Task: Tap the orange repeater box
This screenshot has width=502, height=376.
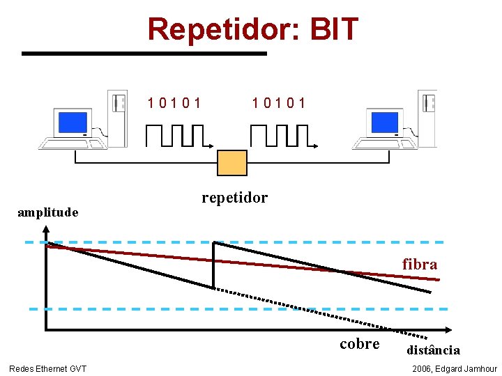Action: [232, 162]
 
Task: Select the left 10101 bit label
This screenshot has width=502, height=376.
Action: [175, 103]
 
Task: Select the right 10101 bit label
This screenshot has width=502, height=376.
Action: [280, 103]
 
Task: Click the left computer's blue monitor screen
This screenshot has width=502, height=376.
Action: [73, 123]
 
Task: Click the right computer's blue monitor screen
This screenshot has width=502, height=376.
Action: [384, 123]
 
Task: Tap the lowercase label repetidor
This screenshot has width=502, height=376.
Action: [234, 198]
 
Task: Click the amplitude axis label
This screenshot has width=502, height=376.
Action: [47, 212]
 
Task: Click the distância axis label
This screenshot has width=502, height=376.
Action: [433, 350]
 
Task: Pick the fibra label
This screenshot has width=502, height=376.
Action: [420, 265]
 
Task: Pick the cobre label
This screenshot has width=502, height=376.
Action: [360, 344]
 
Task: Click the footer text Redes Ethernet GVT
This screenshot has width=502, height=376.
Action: [48, 368]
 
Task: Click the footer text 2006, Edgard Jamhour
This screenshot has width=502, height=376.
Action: [455, 368]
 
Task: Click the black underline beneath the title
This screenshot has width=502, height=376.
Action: [144, 53]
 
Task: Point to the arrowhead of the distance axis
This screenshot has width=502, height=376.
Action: [447, 329]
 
